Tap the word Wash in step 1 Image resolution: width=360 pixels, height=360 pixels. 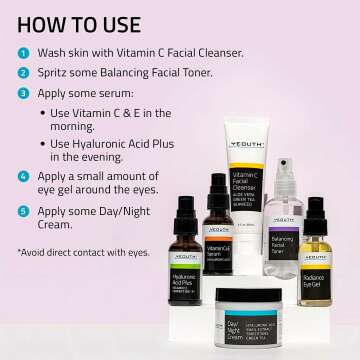coord(54,52)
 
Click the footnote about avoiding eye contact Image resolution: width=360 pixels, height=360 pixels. coord(83,251)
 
